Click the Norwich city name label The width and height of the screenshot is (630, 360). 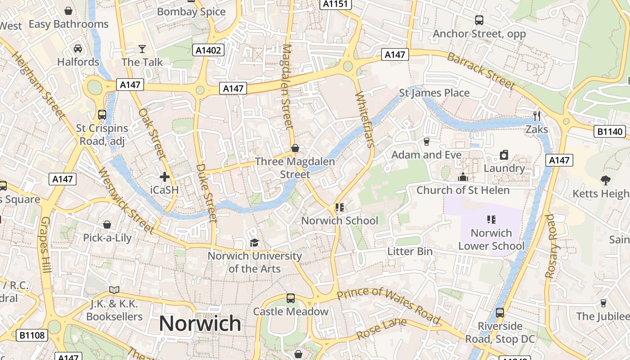[200, 324]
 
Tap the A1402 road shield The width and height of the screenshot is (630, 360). [208, 50]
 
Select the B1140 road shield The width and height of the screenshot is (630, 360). [610, 131]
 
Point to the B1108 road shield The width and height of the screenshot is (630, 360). [32, 335]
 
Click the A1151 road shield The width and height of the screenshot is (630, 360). [336, 4]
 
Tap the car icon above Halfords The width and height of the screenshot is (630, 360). [77, 49]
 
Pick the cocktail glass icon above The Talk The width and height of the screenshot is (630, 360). [142, 49]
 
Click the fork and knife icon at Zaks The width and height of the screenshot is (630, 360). [536, 116]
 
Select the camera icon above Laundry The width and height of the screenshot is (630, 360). [504, 155]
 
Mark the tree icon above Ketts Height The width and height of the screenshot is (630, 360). [605, 180]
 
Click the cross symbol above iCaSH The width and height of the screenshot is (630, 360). [164, 177]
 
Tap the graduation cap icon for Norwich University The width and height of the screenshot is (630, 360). [254, 243]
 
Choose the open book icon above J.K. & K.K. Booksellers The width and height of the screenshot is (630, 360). [114, 290]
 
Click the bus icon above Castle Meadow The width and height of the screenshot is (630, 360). [291, 298]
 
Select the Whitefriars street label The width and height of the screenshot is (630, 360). [365, 120]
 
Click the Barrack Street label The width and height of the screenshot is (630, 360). [481, 71]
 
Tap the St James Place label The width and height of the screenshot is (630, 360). [434, 93]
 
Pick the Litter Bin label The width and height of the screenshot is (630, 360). [409, 252]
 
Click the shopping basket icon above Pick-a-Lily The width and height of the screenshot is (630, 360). [107, 225]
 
